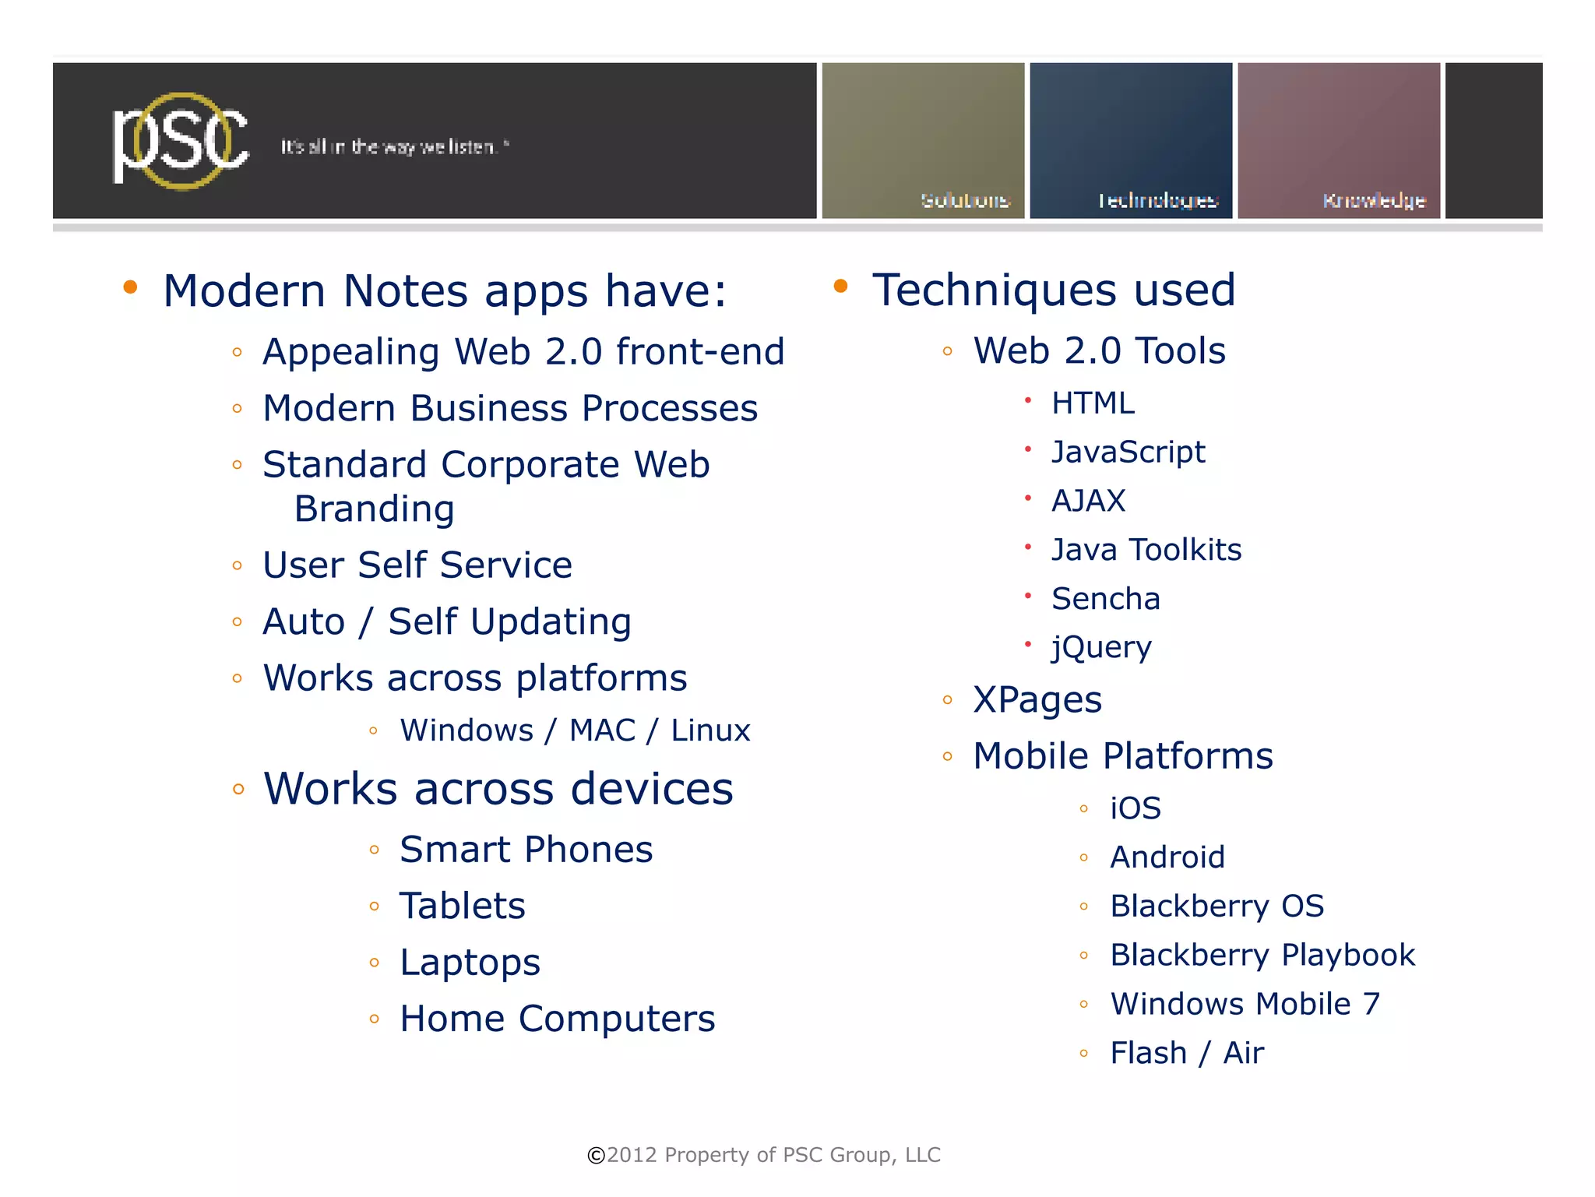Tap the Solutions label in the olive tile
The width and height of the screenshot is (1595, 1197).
point(964,200)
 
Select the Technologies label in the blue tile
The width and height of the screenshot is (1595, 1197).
point(1157,201)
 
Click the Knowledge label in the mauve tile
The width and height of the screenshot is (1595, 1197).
point(1373,201)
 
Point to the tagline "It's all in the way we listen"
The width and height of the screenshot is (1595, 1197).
point(394,146)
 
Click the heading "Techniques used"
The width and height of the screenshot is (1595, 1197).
point(1053,290)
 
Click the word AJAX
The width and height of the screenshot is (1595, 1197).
point(1088,501)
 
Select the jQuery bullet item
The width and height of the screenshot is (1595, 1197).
point(1100,647)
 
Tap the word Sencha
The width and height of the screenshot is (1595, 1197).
point(1105,599)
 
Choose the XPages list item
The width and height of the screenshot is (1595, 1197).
point(1037,699)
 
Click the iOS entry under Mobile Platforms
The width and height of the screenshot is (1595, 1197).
point(1135,808)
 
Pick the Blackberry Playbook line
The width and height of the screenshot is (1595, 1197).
point(1262,955)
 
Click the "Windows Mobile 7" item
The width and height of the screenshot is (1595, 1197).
point(1245,1004)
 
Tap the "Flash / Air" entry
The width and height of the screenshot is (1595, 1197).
point(1186,1053)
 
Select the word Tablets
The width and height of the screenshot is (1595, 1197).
point(462,906)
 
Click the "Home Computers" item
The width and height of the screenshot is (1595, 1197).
point(557,1019)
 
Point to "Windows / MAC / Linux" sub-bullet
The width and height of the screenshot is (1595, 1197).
point(575,731)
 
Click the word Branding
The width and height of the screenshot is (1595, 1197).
point(374,509)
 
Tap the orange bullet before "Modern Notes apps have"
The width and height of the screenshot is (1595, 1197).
point(130,287)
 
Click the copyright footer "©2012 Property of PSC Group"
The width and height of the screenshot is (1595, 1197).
point(763,1155)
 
